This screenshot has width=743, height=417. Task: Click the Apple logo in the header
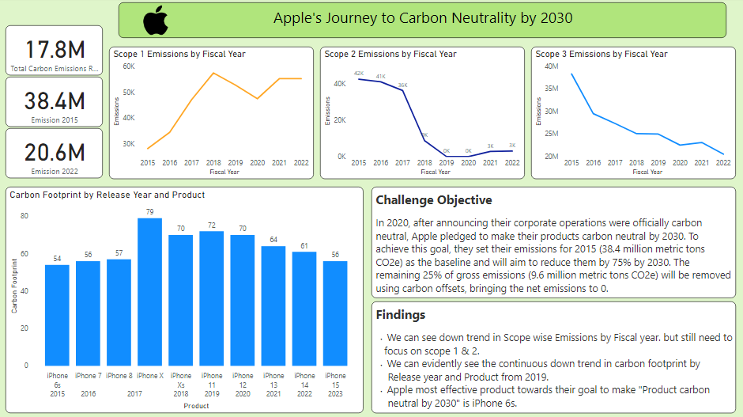[156, 19]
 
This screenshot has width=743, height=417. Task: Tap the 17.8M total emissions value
[55, 50]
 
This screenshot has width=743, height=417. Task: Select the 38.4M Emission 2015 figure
[55, 100]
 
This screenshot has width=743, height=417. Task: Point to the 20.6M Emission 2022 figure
[55, 152]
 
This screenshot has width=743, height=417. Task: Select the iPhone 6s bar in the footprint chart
[57, 314]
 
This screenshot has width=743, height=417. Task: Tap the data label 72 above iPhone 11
[211, 226]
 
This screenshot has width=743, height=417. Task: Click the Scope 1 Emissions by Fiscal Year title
[179, 54]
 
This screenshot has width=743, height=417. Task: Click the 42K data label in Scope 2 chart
[359, 74]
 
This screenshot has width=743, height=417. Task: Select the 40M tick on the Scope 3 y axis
[551, 66]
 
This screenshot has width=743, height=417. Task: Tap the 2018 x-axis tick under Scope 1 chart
[213, 162]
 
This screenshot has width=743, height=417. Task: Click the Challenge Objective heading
[434, 200]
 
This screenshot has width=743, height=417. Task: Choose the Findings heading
[401, 315]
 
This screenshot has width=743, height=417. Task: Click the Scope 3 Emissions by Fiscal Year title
[602, 54]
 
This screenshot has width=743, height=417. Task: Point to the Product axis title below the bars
[196, 406]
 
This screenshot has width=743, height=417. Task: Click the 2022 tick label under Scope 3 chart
[722, 162]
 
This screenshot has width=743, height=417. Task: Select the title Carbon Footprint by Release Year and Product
[107, 195]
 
